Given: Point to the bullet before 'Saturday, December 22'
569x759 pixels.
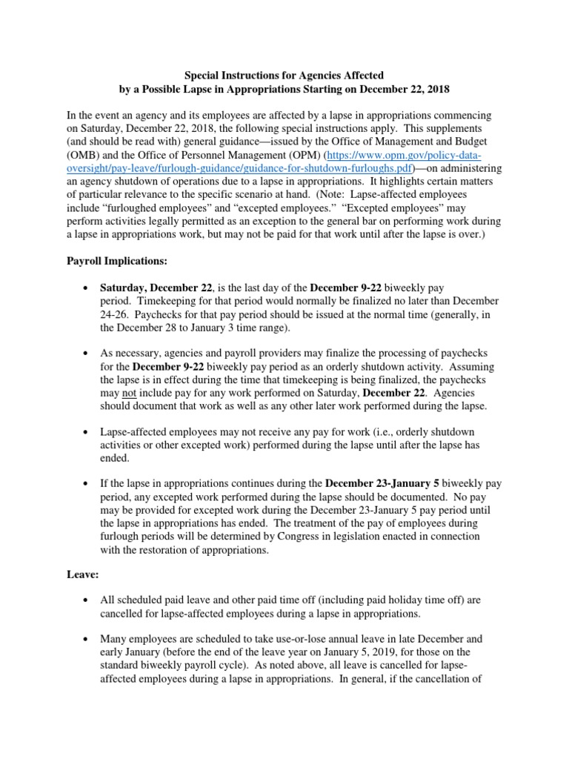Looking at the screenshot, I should [87, 288].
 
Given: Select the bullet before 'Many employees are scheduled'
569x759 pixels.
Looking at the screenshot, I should [87, 638].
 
